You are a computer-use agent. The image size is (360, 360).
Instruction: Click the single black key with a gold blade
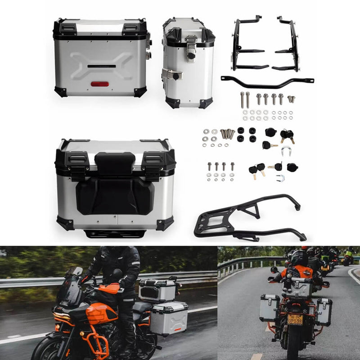click(x=270, y=145)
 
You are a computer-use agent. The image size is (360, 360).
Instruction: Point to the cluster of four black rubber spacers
click(x=247, y=134)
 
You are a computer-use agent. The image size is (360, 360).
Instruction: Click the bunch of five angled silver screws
click(x=227, y=134)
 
